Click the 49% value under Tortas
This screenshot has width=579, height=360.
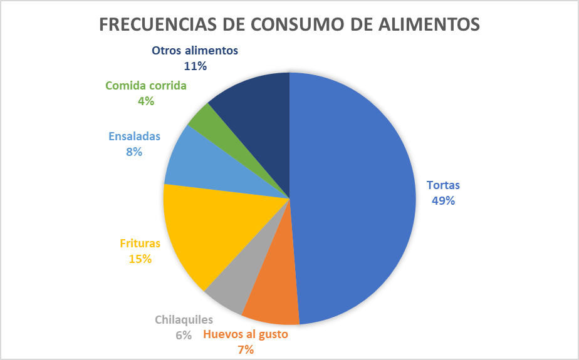(443, 201)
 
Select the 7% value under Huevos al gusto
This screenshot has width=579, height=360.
(246, 349)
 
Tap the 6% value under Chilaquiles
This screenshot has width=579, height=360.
(184, 335)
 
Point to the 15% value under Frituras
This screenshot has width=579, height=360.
(140, 258)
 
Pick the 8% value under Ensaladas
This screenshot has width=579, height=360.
(134, 152)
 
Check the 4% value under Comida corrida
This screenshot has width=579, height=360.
(146, 101)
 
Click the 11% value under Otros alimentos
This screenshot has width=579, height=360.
(196, 65)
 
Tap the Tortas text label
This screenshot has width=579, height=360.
(443, 185)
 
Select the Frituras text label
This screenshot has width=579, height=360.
(140, 244)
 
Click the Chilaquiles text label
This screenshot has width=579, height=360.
(184, 320)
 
